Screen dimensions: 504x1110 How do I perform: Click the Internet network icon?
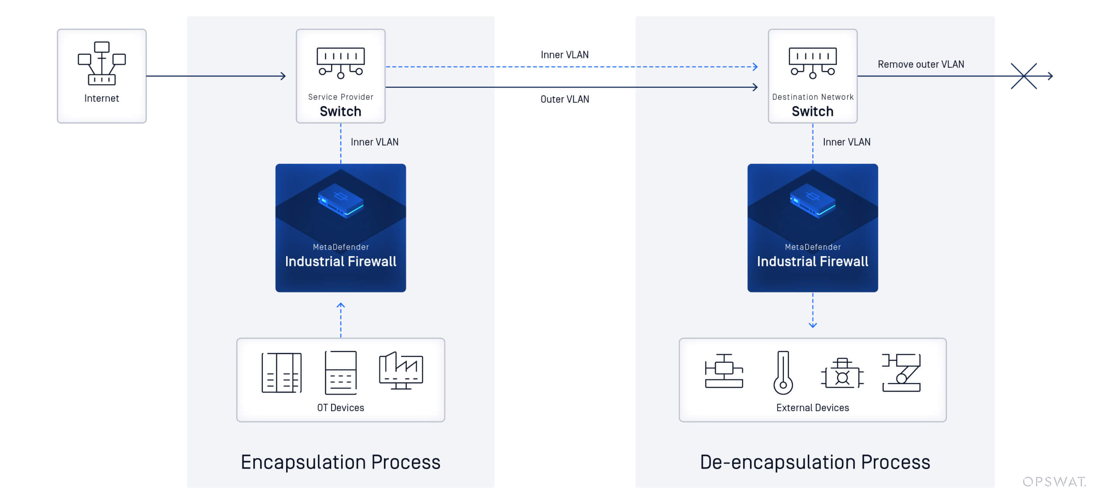coord(102,63)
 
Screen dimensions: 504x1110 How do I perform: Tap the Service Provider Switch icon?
coord(341,63)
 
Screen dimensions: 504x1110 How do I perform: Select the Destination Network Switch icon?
coord(813,63)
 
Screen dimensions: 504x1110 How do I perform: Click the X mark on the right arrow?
coord(1024,76)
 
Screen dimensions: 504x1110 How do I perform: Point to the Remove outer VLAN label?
coord(921,64)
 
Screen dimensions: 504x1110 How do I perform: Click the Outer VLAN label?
coord(565,99)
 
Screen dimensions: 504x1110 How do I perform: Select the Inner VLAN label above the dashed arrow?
coord(565,55)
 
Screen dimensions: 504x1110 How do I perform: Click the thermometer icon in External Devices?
coord(783,372)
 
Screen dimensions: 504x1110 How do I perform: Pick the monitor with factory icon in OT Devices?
coord(401,371)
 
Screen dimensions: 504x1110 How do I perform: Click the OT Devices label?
coord(341,408)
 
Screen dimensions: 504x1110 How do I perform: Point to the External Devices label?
coord(813,408)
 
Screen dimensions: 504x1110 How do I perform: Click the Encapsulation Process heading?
coord(341,462)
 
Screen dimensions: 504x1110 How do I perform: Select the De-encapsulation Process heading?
coord(815,462)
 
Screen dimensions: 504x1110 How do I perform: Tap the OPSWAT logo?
coord(1054,482)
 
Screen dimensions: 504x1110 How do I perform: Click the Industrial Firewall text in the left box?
coord(341,261)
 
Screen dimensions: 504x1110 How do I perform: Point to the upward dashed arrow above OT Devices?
coord(341,320)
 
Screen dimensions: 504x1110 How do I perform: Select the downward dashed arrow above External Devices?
coord(813,311)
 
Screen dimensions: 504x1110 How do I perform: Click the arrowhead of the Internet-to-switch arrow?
coord(284,76)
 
